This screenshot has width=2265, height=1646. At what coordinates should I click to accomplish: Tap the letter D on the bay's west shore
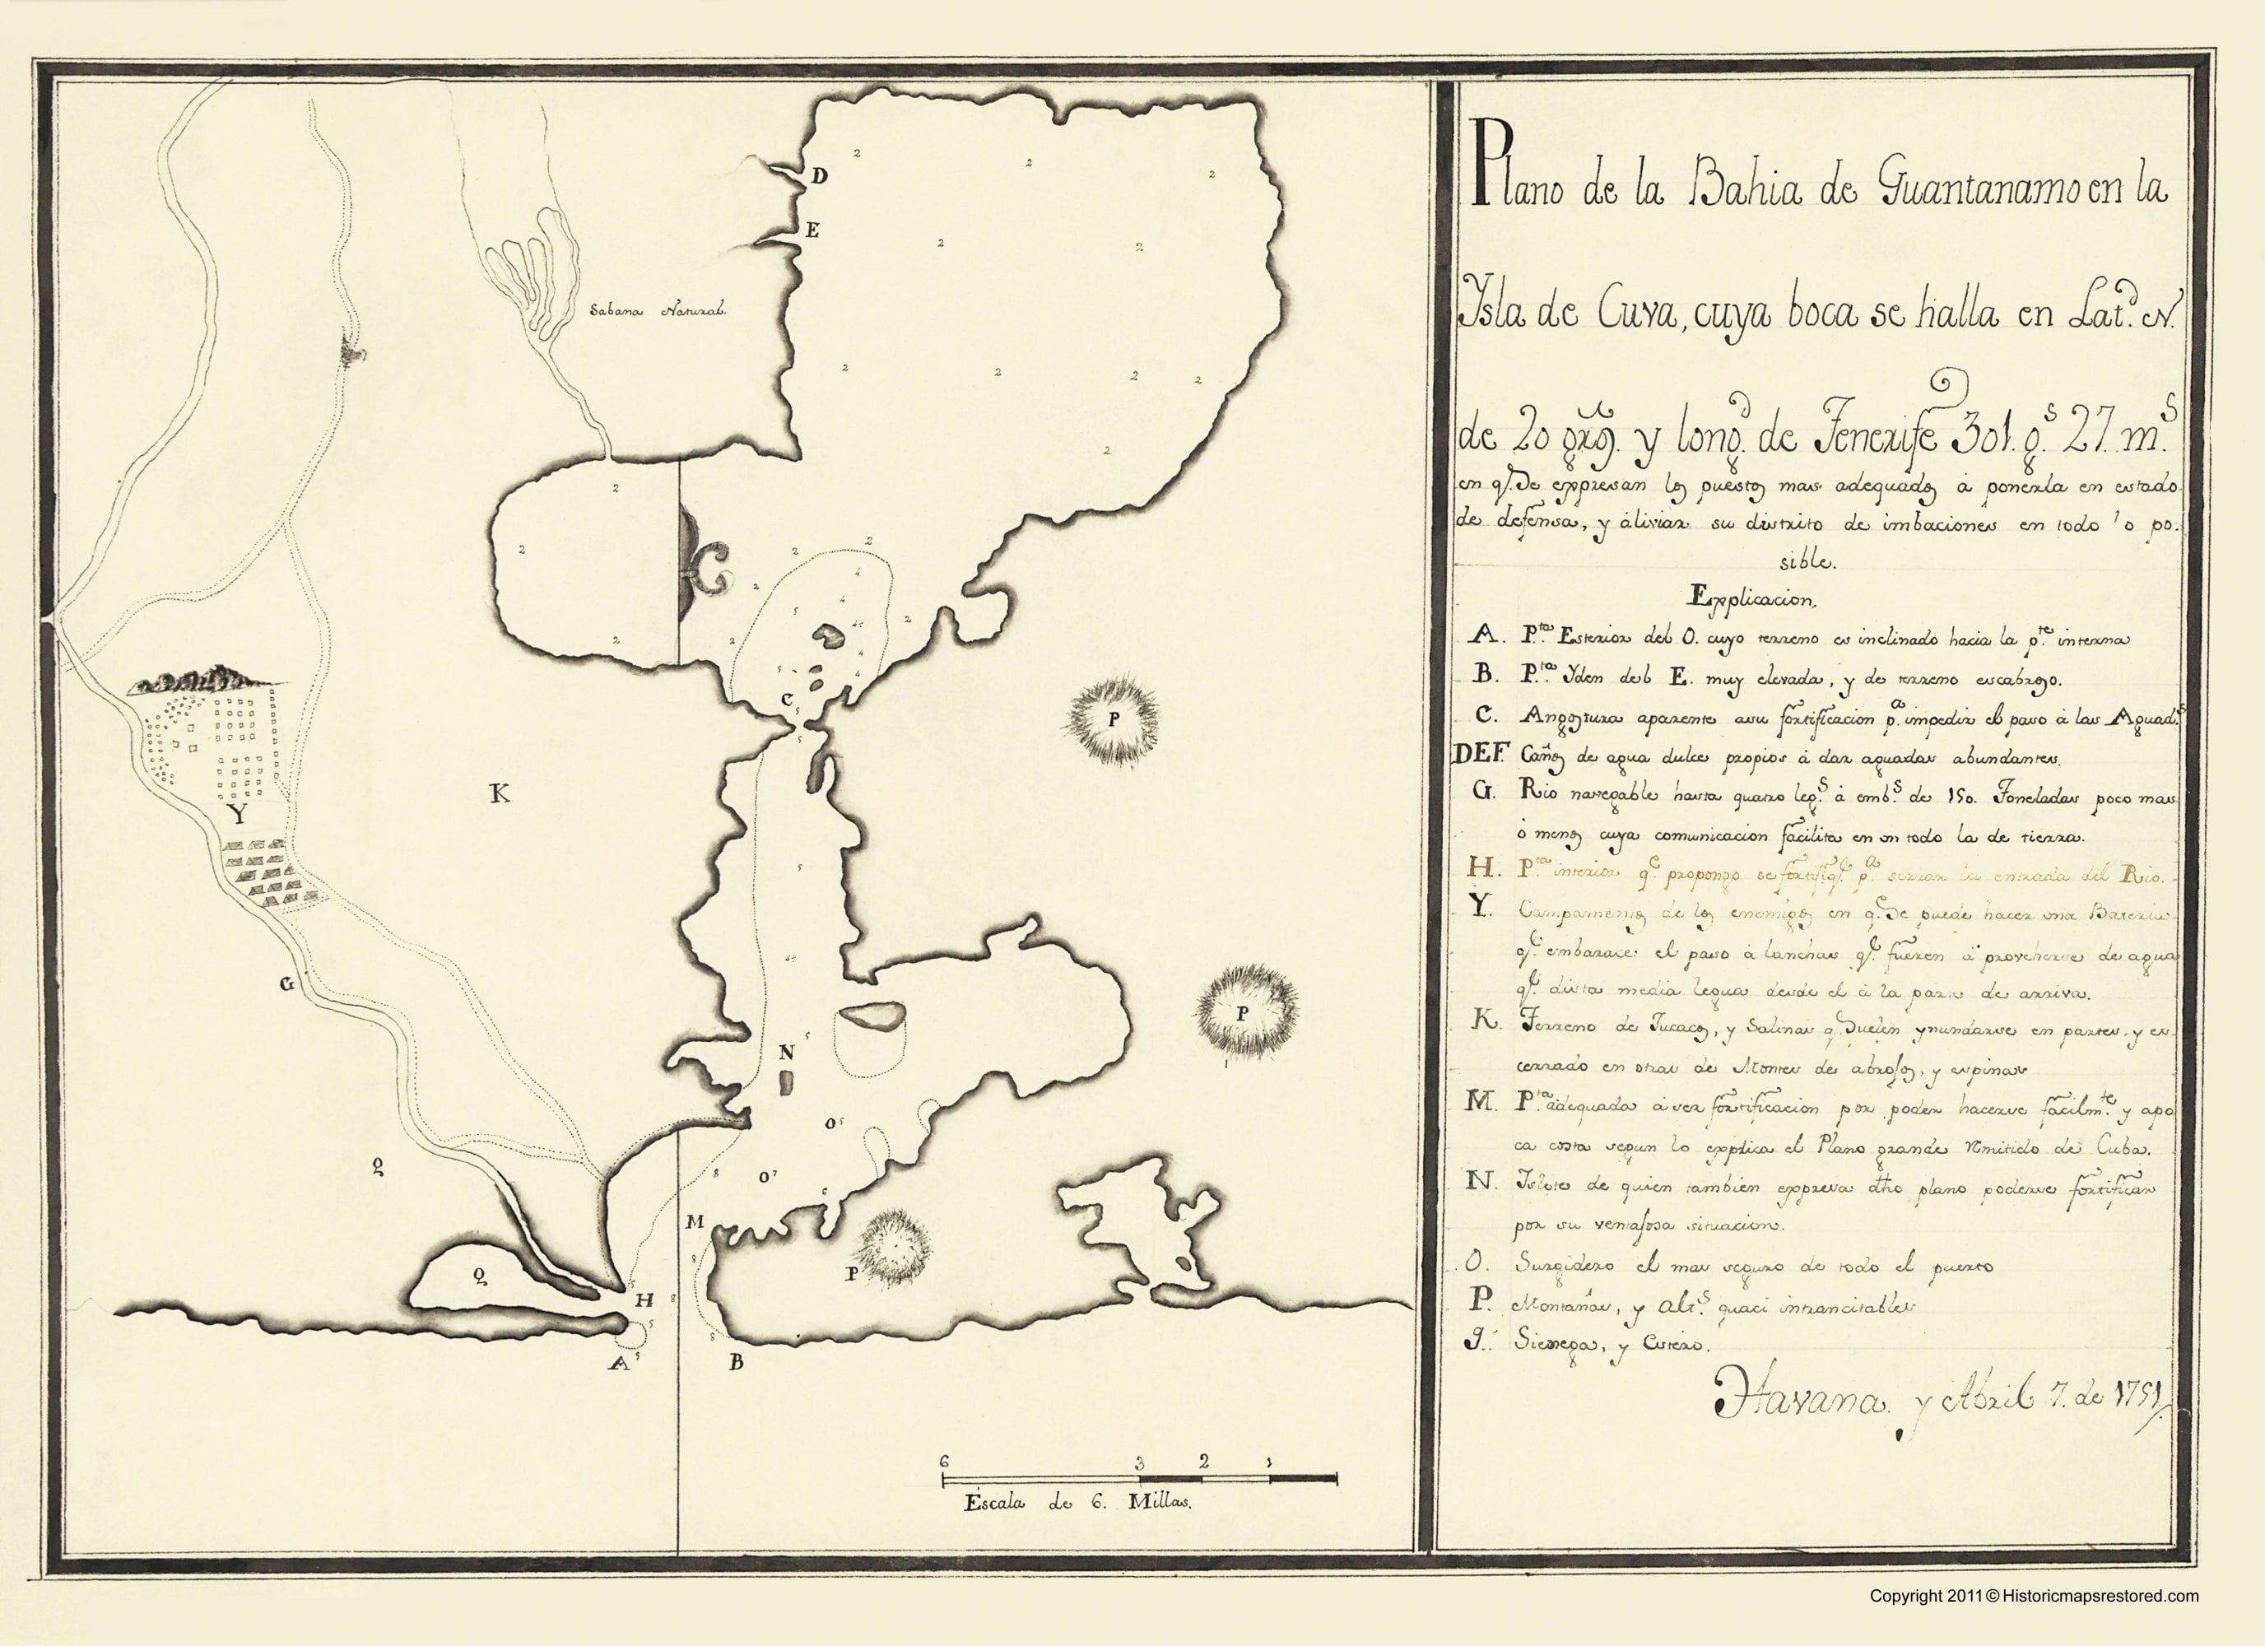(819, 177)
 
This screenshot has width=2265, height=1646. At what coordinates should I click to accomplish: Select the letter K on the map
(500, 794)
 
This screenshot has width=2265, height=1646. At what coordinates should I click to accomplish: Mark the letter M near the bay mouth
(695, 1221)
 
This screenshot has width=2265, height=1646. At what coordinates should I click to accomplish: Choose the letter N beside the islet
(787, 1052)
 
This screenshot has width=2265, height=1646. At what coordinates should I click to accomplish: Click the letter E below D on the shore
(813, 230)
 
